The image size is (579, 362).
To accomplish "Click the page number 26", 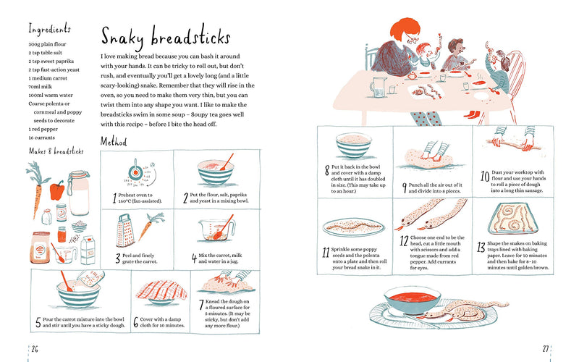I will coord(34,348).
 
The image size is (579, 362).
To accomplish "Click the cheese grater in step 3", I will coord(125,230).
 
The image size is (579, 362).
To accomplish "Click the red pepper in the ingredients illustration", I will coord(58,190).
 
